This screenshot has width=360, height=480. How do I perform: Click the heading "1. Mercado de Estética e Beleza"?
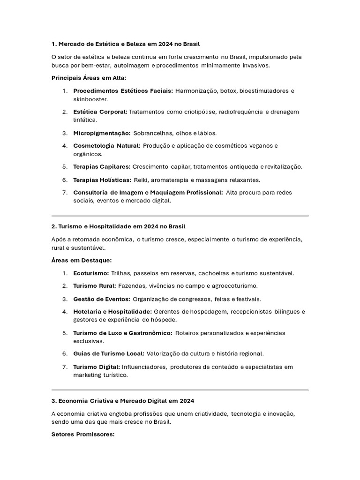pos(126,44)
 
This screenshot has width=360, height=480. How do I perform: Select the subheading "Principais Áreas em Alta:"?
pos(88,78)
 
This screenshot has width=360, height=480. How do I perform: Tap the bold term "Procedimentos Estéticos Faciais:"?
pos(123,90)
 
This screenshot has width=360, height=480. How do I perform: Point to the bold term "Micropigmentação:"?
pos(102,133)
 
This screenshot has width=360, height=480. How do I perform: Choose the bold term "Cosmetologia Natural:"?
pos(106,146)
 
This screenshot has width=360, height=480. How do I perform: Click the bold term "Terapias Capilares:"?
pos(102,167)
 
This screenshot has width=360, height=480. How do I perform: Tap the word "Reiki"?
pos(141,180)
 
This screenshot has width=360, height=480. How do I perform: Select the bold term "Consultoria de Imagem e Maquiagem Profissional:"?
pos(148,192)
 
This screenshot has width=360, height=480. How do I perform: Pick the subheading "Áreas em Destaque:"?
pos(81,260)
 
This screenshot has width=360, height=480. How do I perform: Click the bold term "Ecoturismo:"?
pos(91,273)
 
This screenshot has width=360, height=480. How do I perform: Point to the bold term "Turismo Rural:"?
pos(95,285)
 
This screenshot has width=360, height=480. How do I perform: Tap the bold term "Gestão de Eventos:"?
pos(102,299)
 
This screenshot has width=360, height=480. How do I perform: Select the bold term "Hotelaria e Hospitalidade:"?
pos(112,311)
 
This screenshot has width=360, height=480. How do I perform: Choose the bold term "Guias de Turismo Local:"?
pos(109,353)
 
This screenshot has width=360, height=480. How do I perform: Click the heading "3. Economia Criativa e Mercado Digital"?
pos(122,401)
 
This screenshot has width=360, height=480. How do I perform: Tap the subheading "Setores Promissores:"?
pos(82,435)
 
